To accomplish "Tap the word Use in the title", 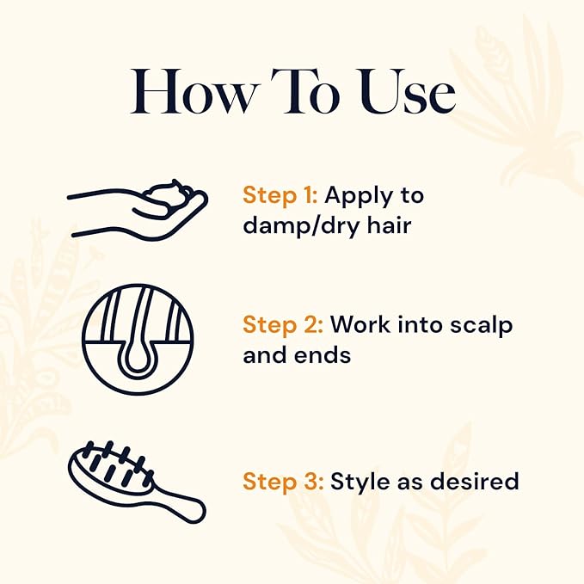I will pos(405,92).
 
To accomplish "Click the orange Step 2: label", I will pos(280,325).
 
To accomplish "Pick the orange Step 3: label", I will pos(280,480).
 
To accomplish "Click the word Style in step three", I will pos(357,480).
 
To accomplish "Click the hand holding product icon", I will pos(138,210).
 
